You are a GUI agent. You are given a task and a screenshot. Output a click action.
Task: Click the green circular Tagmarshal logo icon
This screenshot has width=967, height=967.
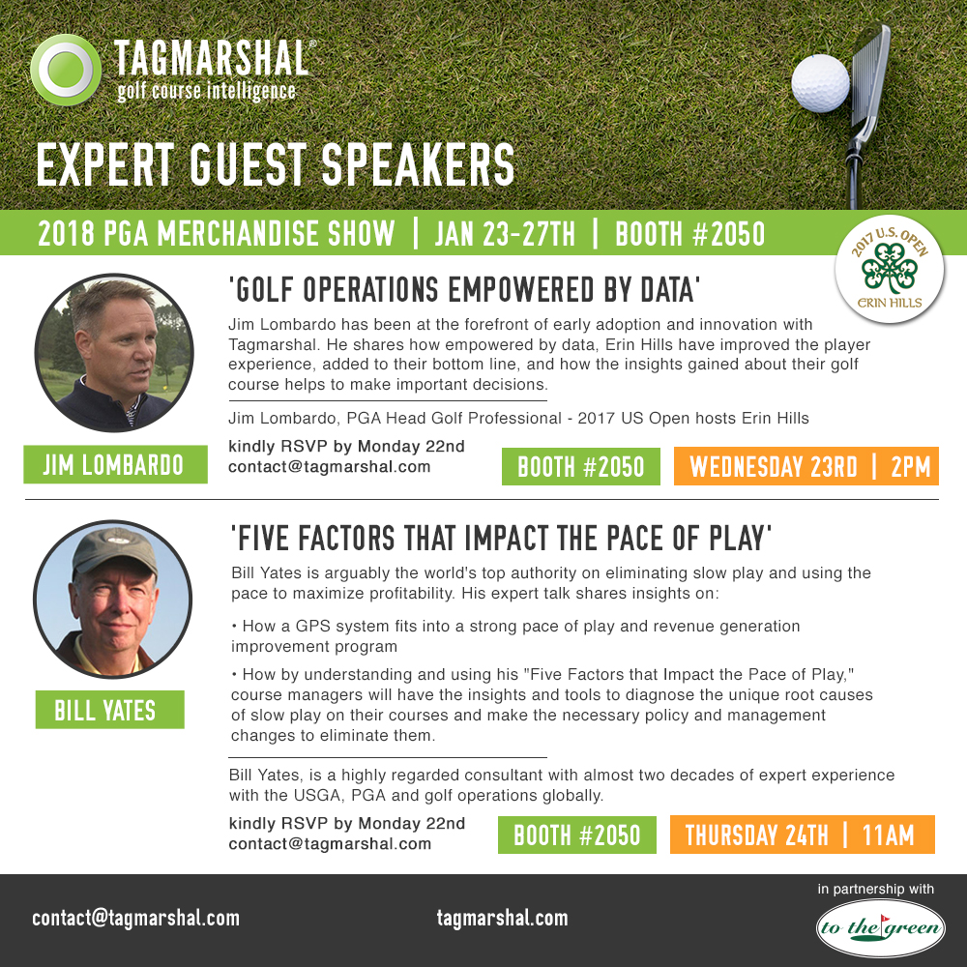pyautogui.click(x=66, y=70)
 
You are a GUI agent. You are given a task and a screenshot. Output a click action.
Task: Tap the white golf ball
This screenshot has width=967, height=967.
pyautogui.click(x=820, y=83)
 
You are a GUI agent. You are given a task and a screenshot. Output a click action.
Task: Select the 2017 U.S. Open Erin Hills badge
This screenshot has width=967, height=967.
pyautogui.click(x=890, y=270)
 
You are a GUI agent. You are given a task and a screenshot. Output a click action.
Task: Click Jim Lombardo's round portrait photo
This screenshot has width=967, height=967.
pyautogui.click(x=114, y=353)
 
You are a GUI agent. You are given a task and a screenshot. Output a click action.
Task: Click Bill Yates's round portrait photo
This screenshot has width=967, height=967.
pyautogui.click(x=113, y=599)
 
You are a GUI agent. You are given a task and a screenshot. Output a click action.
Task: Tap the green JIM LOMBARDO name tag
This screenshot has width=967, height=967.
pyautogui.click(x=115, y=464)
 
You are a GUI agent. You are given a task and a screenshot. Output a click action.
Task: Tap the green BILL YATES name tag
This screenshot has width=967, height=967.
pyautogui.click(x=110, y=710)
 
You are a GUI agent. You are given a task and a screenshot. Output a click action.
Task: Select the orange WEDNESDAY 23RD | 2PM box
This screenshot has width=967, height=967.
pyautogui.click(x=806, y=466)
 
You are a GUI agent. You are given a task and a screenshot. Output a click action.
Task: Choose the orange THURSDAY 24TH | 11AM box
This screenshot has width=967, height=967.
pyautogui.click(x=803, y=835)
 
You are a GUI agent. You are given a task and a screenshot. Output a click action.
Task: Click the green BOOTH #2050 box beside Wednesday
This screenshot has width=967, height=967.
pyautogui.click(x=581, y=466)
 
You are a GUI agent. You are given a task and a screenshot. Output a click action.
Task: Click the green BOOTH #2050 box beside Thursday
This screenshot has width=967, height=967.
pyautogui.click(x=577, y=835)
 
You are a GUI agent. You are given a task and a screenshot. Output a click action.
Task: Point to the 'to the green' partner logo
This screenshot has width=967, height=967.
pyautogui.click(x=881, y=927)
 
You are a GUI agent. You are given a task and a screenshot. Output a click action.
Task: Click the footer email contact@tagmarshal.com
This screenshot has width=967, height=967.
pyautogui.click(x=135, y=918)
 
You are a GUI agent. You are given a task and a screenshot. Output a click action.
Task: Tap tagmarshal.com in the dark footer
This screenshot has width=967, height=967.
pyautogui.click(x=502, y=918)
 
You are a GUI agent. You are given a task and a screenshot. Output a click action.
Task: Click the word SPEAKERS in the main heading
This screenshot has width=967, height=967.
pyautogui.click(x=418, y=164)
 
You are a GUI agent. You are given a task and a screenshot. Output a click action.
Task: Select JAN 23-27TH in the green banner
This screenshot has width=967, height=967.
pyautogui.click(x=505, y=234)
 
